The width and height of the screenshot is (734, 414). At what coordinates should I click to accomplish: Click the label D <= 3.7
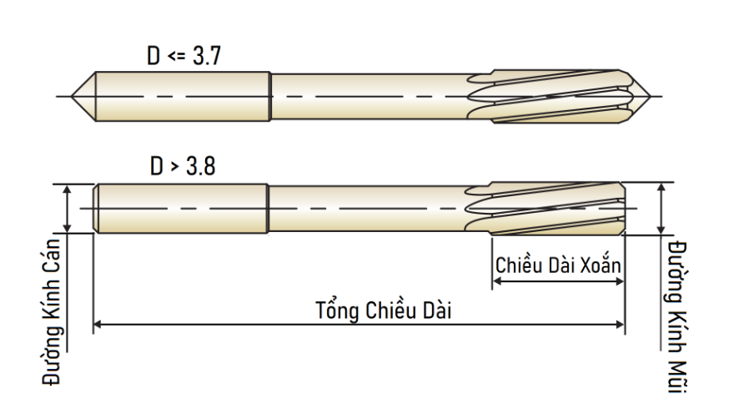(183, 56)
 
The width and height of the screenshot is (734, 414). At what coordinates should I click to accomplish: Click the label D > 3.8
(183, 166)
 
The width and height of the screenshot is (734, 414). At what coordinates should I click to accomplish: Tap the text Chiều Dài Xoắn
(558, 265)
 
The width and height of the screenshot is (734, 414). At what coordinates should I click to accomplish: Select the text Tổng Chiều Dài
(384, 310)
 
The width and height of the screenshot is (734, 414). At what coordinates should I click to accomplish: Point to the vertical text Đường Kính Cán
(52, 312)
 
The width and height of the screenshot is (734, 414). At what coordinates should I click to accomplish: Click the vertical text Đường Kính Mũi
(677, 316)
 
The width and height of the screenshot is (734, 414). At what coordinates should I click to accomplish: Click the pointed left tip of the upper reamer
(72, 97)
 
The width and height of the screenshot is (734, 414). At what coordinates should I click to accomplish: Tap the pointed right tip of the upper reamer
(651, 97)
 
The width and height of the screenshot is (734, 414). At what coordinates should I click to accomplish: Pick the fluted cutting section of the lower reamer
(545, 209)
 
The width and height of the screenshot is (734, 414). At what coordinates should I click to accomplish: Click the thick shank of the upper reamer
(183, 97)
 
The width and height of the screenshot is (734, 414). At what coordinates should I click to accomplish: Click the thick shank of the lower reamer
(181, 209)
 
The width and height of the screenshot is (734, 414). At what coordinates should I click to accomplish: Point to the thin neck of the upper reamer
(370, 97)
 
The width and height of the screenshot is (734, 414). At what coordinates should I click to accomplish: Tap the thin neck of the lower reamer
(367, 209)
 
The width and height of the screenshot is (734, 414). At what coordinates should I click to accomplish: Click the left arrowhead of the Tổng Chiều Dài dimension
(98, 324)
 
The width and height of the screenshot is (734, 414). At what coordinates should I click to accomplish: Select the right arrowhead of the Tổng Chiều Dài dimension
(620, 324)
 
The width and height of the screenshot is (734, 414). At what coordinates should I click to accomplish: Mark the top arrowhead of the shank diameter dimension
(67, 189)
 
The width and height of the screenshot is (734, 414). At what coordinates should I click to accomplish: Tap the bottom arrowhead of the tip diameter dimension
(661, 230)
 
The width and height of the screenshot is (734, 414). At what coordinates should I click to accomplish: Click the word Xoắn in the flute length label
(601, 265)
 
